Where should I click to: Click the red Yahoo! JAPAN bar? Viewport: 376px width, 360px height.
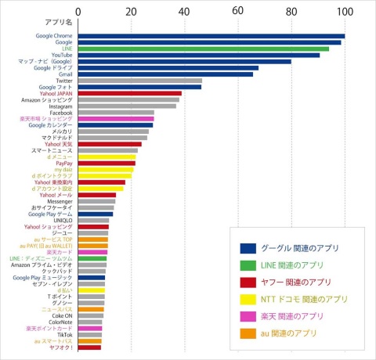point(128,93)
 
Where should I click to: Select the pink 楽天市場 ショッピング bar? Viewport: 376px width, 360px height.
point(115,118)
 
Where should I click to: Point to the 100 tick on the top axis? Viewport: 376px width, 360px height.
point(344,11)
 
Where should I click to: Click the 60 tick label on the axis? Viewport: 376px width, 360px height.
point(237,11)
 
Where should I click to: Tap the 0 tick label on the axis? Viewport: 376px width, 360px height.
point(78,11)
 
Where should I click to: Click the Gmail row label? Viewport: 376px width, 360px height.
point(64,74)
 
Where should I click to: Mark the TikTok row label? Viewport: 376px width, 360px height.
point(63,334)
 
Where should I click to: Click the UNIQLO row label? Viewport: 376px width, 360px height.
point(60,221)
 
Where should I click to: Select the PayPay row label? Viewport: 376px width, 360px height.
point(63,163)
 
